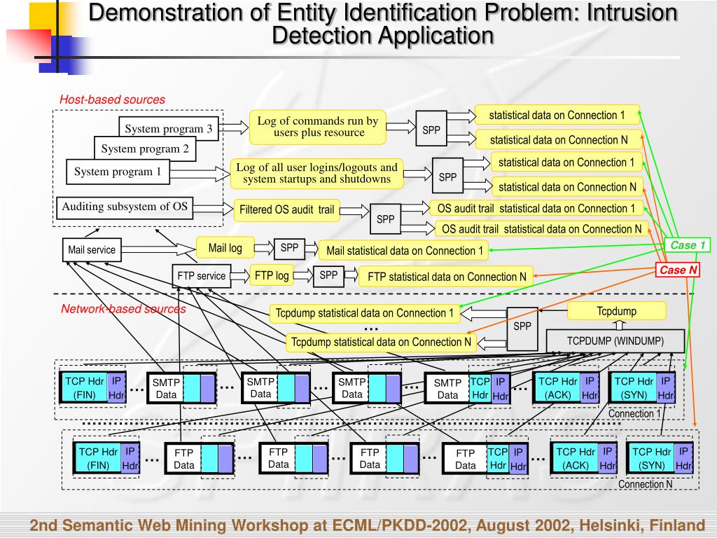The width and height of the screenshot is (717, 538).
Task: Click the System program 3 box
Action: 169,128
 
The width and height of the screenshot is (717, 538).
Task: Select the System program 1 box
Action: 118,172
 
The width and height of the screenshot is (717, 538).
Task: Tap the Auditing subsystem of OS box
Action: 125,207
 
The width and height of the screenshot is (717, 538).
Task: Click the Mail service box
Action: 92,250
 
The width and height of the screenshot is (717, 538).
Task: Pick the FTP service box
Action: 201,276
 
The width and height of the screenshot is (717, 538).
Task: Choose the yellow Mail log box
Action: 225,248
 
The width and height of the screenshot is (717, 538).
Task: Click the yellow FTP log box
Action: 272,275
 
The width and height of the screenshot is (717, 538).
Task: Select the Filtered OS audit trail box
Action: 286,210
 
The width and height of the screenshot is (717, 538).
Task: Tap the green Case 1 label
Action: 688,245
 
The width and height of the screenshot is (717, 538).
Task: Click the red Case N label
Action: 678,270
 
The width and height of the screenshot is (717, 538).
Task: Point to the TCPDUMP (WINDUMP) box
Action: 615,341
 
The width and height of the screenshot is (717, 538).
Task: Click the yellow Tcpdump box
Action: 616,311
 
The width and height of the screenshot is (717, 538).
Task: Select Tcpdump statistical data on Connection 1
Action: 364,313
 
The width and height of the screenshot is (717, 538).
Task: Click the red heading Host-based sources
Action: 112,99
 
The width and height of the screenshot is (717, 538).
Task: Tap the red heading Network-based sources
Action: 123,309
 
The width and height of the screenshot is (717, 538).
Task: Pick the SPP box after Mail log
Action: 289,248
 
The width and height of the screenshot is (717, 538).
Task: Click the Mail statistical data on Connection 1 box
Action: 404,251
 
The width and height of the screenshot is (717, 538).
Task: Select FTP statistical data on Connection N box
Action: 446,277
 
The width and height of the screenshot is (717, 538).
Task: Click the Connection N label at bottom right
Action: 645,484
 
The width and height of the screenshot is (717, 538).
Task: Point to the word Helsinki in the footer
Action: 599,525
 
